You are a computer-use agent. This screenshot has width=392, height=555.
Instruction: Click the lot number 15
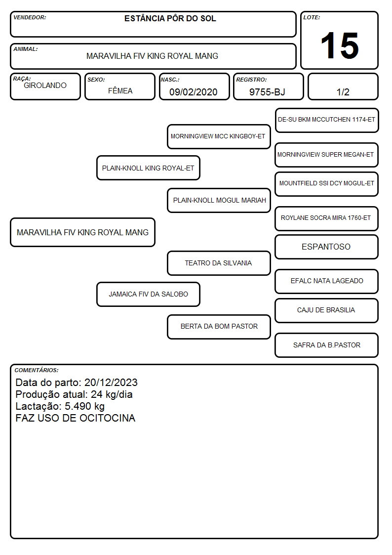click(340, 45)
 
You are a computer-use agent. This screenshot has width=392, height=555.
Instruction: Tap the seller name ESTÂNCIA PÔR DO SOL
click(170, 18)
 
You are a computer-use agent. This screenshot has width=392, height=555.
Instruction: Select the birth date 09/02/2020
click(194, 92)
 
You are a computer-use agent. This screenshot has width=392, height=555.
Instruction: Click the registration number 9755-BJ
click(267, 92)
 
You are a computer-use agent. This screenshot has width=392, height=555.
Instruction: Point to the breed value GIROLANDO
click(45, 85)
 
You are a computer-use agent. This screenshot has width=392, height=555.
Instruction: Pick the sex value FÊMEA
click(120, 91)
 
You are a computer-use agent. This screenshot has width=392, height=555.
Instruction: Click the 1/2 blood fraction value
click(343, 92)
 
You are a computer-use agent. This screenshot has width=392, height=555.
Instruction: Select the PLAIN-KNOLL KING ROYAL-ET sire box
click(149, 168)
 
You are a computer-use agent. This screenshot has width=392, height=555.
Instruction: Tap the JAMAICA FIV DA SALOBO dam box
click(149, 294)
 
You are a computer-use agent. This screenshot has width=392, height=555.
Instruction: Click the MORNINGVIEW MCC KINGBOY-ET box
click(219, 136)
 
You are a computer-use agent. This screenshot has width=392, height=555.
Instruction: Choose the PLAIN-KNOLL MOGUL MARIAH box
click(219, 200)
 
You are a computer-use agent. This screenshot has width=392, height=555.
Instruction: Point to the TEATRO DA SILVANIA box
click(219, 263)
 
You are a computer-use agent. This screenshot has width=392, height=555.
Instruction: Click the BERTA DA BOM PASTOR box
click(219, 327)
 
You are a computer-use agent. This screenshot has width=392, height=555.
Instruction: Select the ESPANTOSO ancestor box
click(327, 247)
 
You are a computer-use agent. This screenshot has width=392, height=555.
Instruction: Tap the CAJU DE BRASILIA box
click(327, 310)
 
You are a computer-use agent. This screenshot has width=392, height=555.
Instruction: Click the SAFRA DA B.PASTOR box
click(327, 345)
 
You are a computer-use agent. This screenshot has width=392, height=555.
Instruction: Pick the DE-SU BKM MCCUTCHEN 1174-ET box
click(327, 121)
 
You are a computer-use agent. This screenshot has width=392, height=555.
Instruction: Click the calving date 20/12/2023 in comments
click(111, 383)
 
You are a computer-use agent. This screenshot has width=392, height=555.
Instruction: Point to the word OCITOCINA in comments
click(108, 418)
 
